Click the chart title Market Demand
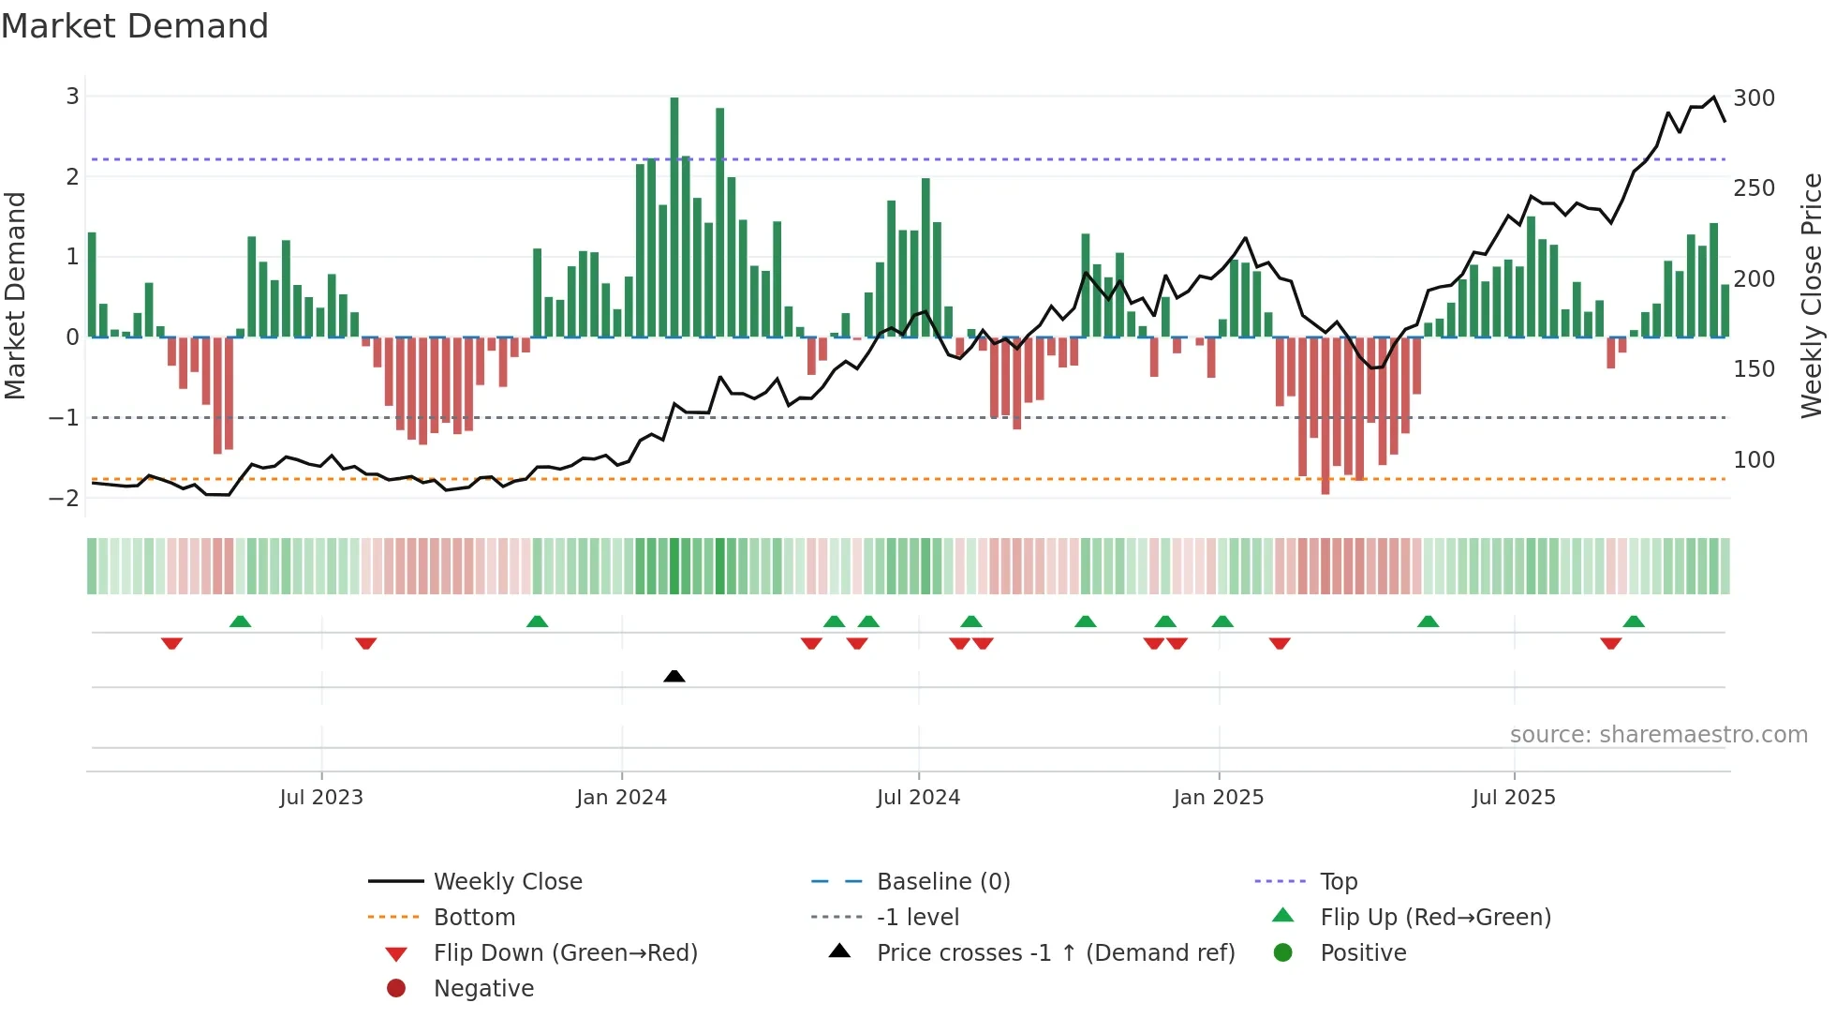(135, 26)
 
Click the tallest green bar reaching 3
(674, 216)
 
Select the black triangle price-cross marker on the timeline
(674, 676)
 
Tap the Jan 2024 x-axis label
(621, 798)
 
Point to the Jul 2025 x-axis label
(1514, 798)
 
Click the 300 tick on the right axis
(1754, 98)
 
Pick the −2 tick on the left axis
(65, 498)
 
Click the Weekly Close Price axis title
(1812, 295)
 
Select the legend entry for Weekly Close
(507, 882)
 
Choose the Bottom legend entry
(474, 918)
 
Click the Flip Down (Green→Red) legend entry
(565, 953)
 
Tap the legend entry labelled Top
(1339, 882)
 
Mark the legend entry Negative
(483, 989)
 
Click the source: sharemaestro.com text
(1658, 735)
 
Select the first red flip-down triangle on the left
(171, 643)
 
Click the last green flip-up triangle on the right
(1634, 621)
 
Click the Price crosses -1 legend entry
(1055, 953)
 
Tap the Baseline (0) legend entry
(942, 882)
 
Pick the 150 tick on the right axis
(1754, 369)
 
